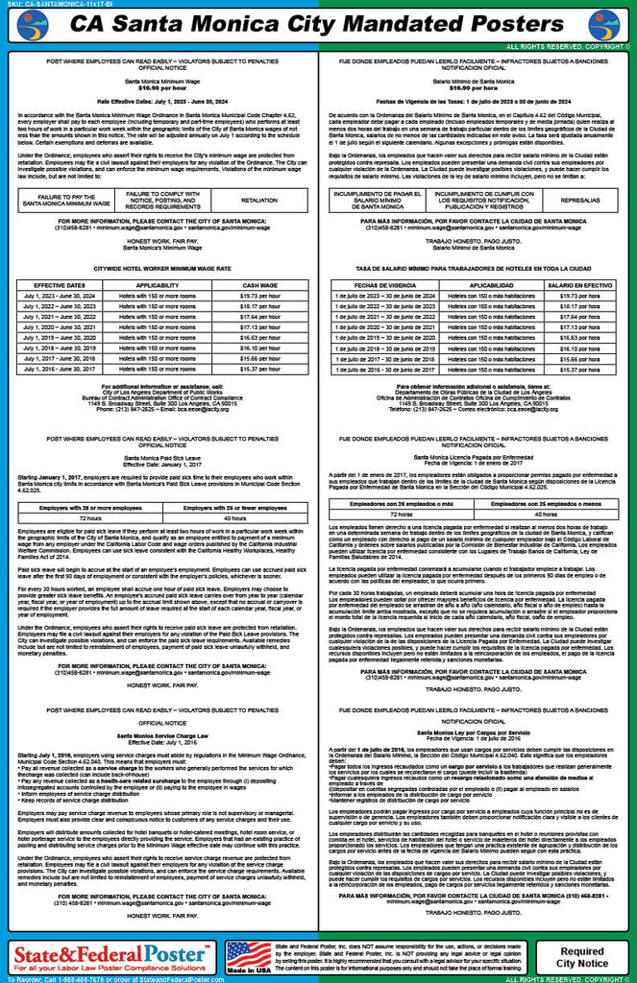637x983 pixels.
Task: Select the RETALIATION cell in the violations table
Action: [x=258, y=201]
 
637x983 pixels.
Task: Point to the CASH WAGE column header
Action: [x=259, y=285]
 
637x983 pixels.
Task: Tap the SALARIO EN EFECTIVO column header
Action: [x=579, y=285]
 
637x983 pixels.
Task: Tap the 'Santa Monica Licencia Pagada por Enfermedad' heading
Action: [x=478, y=458]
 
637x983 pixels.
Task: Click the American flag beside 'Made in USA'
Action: [x=248, y=954]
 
